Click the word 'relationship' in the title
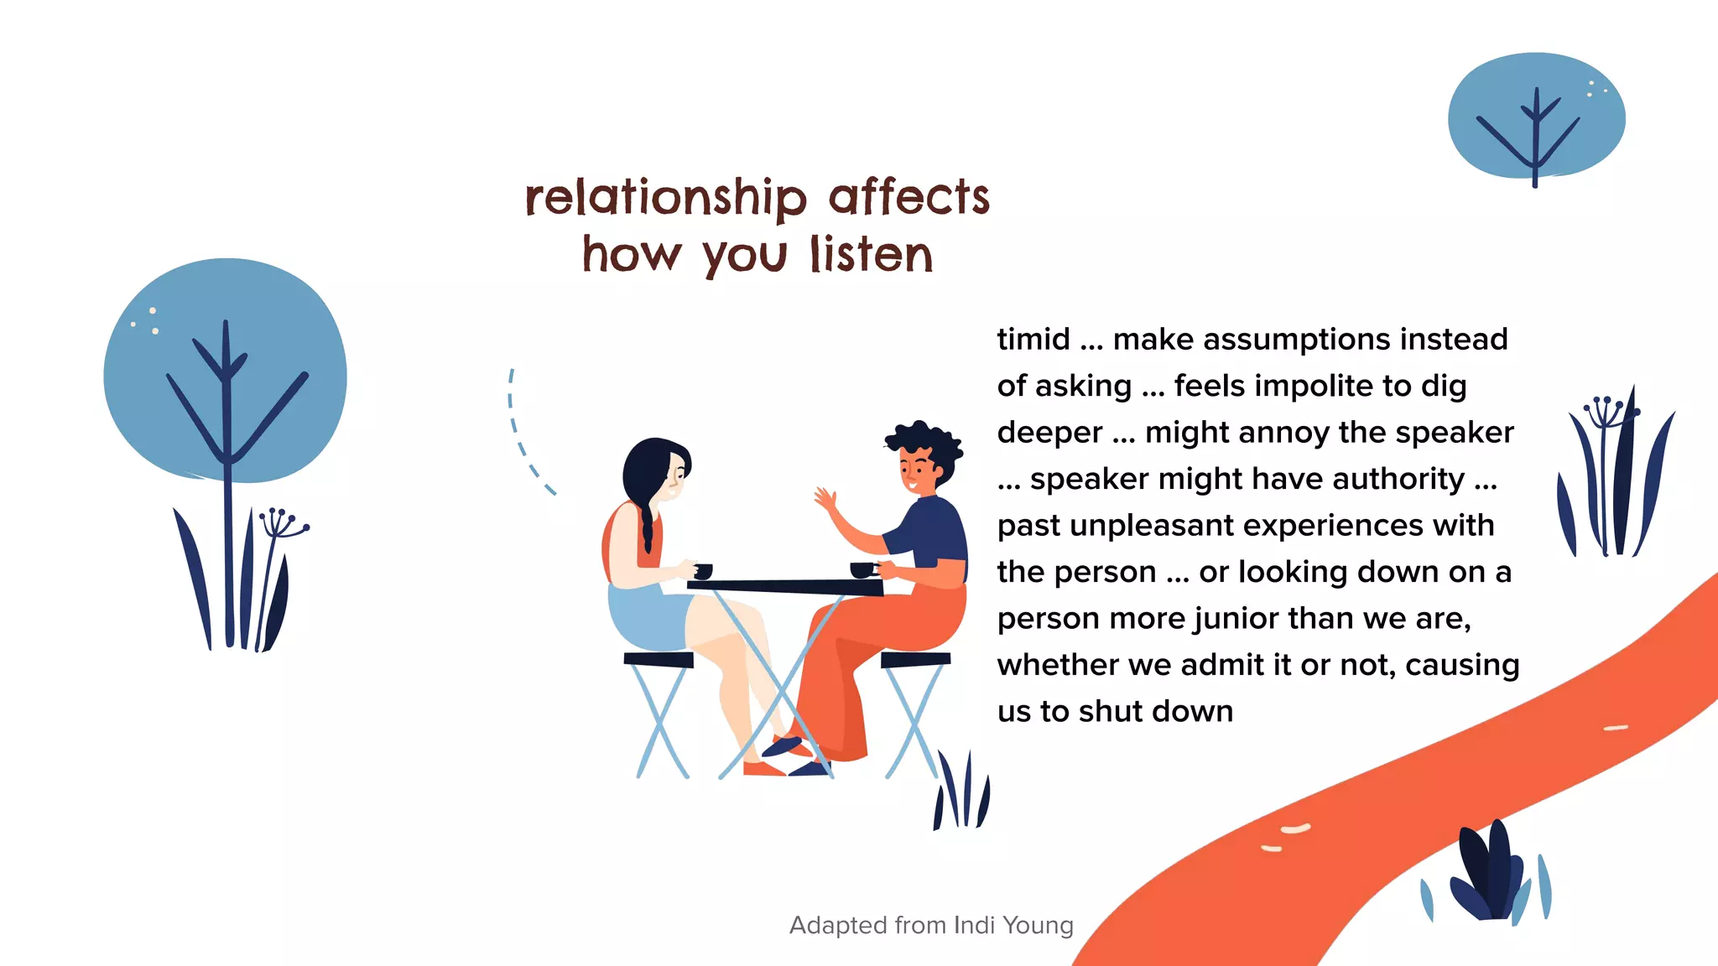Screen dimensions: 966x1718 [666, 198]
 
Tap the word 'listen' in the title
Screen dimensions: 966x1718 [872, 255]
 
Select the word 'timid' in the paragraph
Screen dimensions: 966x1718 [1033, 340]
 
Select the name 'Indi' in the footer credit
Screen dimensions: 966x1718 [974, 925]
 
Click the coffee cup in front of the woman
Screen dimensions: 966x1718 [703, 571]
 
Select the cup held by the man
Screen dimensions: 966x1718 [862, 570]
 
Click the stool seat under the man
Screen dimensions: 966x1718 [915, 659]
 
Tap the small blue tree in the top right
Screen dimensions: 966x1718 [1536, 117]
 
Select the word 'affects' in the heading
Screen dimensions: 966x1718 [909, 198]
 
